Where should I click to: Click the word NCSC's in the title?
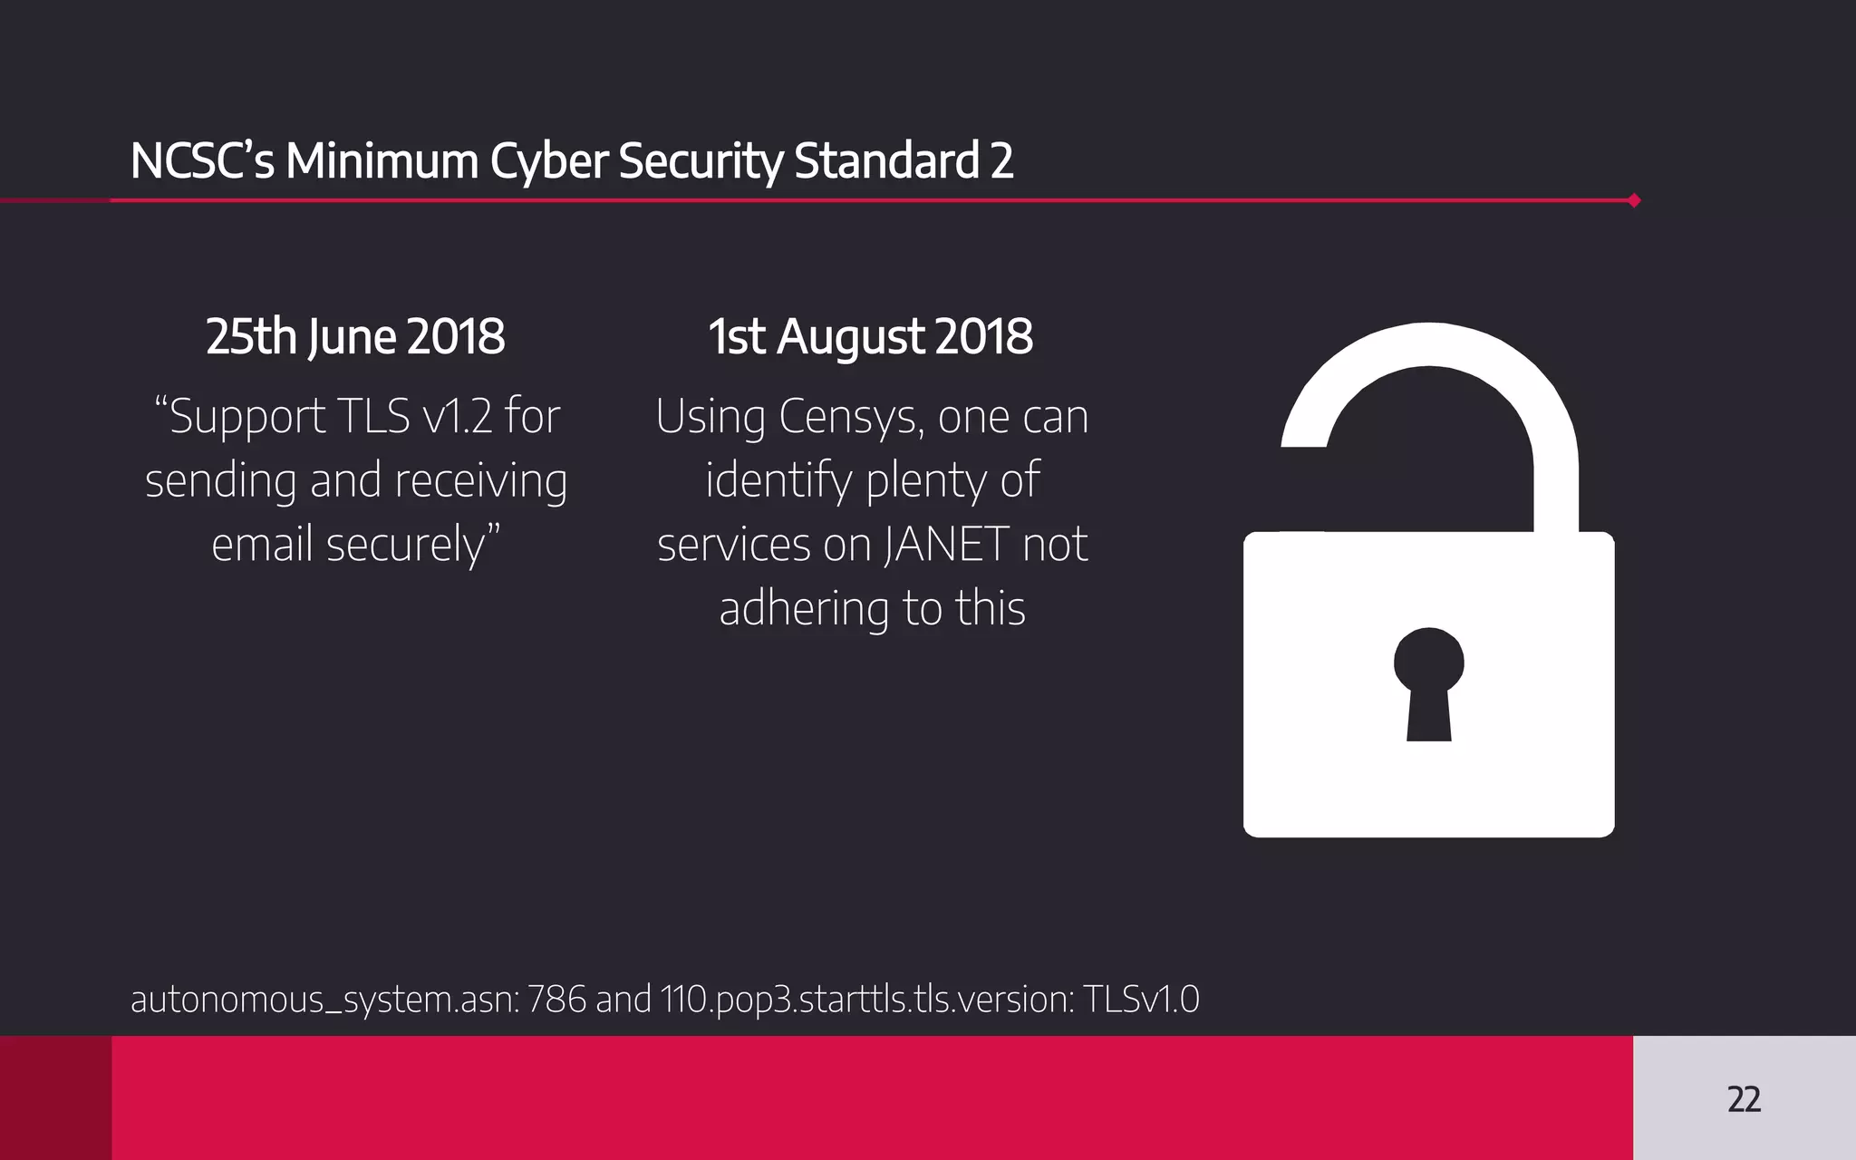coord(201,161)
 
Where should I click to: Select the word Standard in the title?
coord(886,161)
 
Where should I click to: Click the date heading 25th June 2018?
coord(355,337)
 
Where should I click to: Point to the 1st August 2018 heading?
coord(870,337)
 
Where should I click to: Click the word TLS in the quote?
coord(372,417)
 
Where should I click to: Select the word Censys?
coord(850,417)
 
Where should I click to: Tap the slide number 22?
coord(1744,1099)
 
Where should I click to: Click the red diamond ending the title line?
coord(1634,200)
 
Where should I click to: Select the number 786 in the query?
coord(556,1000)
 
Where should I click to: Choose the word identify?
coord(778,480)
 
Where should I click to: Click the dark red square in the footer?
coord(55,1097)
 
